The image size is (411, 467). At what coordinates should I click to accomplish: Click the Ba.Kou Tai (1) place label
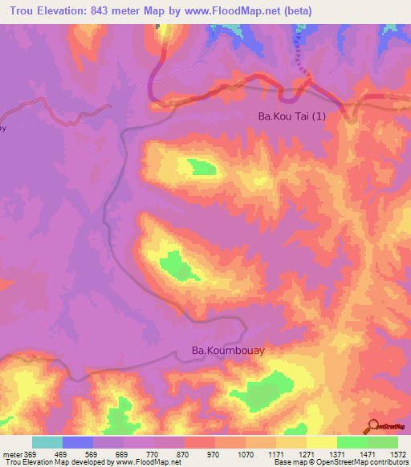pos(292,116)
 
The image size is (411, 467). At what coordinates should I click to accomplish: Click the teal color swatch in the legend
pos(47,442)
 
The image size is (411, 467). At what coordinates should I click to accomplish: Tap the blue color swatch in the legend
pos(78,442)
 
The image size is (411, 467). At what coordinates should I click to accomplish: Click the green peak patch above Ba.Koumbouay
pos(172,265)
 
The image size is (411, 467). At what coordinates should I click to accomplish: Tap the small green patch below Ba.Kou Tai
pos(202,167)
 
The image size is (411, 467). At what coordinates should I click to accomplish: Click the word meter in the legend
pos(12,453)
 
